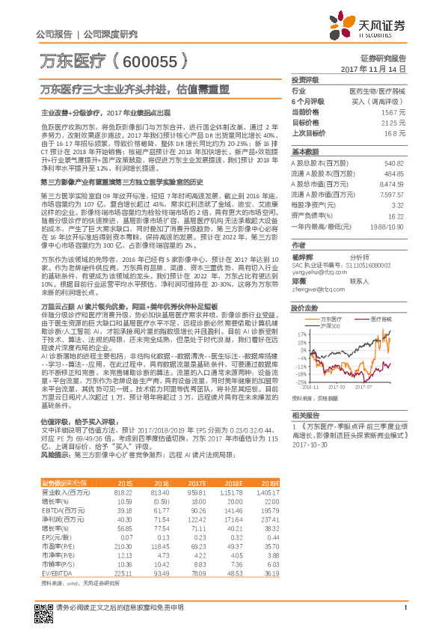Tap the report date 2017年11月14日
coord(378,68)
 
